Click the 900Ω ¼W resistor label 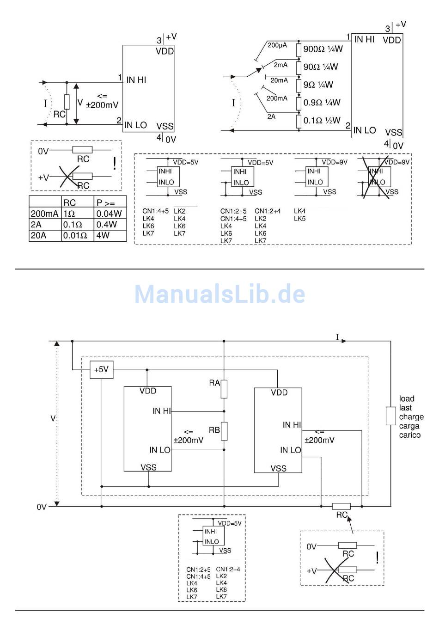(x=323, y=49)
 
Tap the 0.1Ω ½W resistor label (x=322, y=121)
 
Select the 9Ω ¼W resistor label (x=318, y=85)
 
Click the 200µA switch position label (x=277, y=45)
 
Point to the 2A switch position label (x=271, y=116)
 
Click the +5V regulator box (x=101, y=369)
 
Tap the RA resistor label (x=214, y=383)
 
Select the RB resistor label (x=214, y=430)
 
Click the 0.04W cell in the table (x=109, y=214)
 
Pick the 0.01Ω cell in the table (x=75, y=235)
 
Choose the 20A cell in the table (x=38, y=235)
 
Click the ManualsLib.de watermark (x=219, y=294)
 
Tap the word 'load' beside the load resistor (x=407, y=398)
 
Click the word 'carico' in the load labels (x=410, y=435)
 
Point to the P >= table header (x=105, y=202)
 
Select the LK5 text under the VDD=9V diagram (x=299, y=219)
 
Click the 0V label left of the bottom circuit (x=42, y=507)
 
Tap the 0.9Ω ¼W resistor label (x=322, y=103)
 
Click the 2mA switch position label (x=280, y=65)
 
